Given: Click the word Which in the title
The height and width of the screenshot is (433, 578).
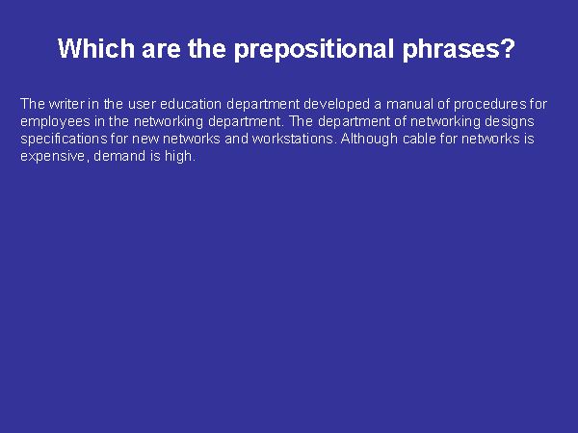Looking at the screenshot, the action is click(x=96, y=49).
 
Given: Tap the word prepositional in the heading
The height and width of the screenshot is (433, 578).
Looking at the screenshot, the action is click(x=314, y=50).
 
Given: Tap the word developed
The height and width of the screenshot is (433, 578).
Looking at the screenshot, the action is click(x=336, y=105).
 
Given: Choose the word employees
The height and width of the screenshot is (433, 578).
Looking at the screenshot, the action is click(x=55, y=122).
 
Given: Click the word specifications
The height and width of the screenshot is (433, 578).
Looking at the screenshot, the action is click(x=64, y=140).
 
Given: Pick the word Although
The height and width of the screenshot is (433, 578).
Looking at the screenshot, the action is click(x=369, y=140).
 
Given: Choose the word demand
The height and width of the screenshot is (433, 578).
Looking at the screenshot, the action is click(x=119, y=156).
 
